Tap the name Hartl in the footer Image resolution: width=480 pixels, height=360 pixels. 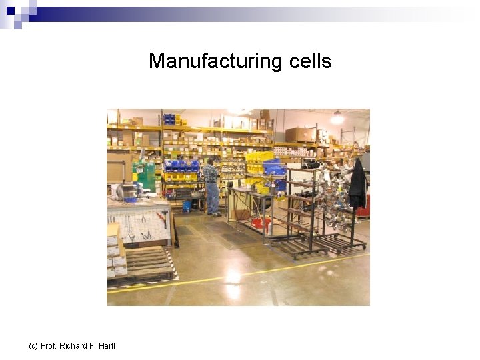pos(106,345)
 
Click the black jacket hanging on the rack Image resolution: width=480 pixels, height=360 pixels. pos(357,183)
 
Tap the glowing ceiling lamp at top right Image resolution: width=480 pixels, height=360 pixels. pos(338,119)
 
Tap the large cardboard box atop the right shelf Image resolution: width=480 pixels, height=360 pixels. pos(299,134)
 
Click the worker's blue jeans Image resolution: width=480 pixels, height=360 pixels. pos(213,197)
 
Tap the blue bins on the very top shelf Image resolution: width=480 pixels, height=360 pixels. pos(169,119)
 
